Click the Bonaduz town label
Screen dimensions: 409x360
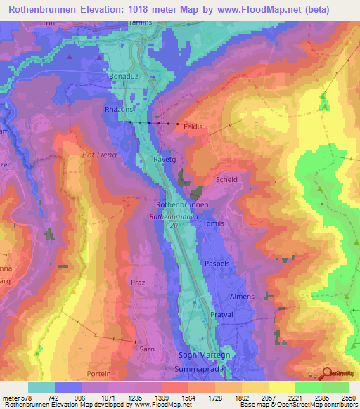(x=127, y=74)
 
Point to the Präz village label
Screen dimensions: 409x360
(x=138, y=282)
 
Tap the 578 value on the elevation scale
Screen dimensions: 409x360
(x=27, y=398)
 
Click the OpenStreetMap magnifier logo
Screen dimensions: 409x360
(x=327, y=373)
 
